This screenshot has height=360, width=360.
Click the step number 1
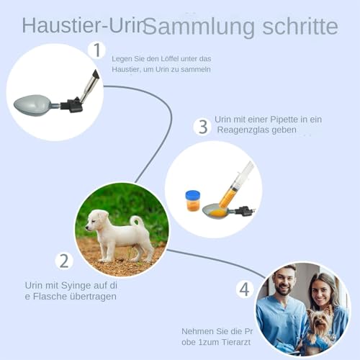click(96, 50)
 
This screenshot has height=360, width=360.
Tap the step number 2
click(65, 261)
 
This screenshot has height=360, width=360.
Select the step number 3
click(202, 127)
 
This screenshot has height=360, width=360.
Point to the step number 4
click(245, 289)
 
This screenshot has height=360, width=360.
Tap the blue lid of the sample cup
click(192, 195)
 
